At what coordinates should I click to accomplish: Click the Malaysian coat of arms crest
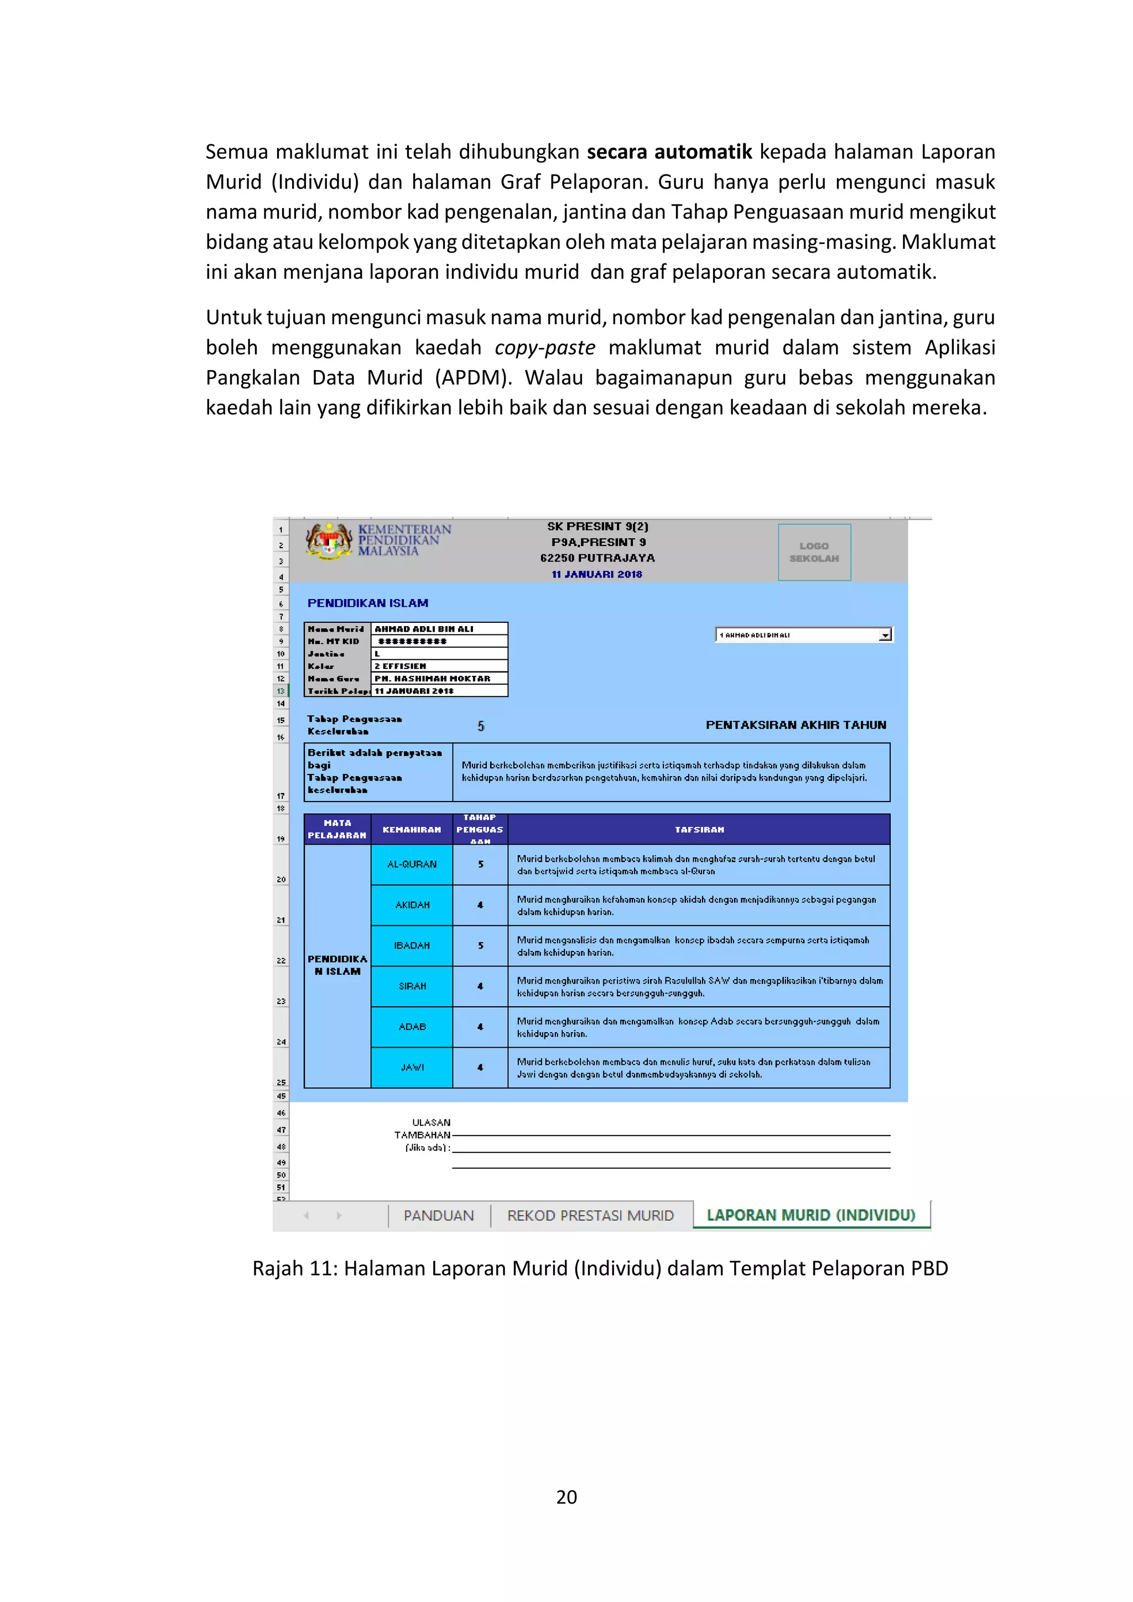click(329, 542)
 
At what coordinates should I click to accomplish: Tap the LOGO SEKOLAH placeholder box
click(814, 552)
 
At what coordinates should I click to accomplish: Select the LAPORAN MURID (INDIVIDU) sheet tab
click(810, 1215)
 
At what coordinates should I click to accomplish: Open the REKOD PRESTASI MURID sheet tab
click(590, 1215)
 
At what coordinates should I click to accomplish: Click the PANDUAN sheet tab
click(438, 1215)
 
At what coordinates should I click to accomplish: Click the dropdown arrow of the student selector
click(885, 635)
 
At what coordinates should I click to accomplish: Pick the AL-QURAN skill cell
click(412, 864)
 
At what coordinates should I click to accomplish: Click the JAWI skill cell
click(412, 1067)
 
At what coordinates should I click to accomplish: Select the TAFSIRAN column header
click(699, 830)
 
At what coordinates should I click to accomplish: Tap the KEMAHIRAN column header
click(412, 830)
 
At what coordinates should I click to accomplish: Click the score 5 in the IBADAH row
click(480, 945)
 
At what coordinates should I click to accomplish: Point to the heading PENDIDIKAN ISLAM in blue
click(368, 603)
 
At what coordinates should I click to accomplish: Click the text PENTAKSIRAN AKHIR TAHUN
click(796, 725)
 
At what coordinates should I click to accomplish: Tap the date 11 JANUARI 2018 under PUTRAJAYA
click(596, 574)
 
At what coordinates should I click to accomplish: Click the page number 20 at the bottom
click(566, 1497)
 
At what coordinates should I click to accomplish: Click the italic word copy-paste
click(544, 347)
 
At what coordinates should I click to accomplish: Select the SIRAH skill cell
click(412, 986)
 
